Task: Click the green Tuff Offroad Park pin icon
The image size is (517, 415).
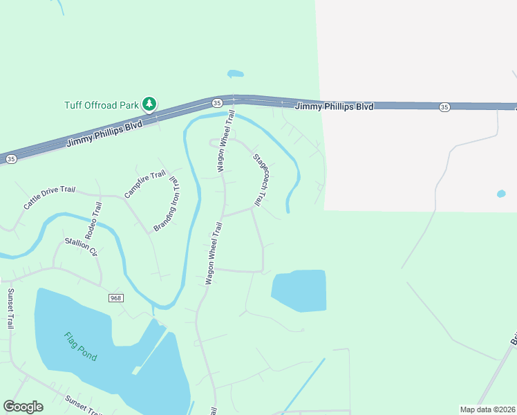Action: (149, 104)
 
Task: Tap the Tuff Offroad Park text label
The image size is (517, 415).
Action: (102, 105)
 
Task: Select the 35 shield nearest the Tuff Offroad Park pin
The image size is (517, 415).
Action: (217, 102)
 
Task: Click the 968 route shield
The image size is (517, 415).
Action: (115, 297)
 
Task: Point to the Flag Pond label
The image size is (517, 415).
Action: (80, 347)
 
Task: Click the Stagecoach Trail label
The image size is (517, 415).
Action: (260, 179)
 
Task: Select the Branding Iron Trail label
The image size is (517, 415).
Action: (166, 204)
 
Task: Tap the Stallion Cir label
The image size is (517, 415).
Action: (82, 247)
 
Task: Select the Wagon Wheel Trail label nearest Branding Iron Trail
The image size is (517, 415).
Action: (213, 253)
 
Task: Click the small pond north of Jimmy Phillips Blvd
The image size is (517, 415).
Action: (236, 73)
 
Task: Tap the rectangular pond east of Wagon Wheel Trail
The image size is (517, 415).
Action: (300, 290)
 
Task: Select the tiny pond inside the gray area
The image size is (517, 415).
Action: (501, 194)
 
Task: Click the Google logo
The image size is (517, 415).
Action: (23, 407)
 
